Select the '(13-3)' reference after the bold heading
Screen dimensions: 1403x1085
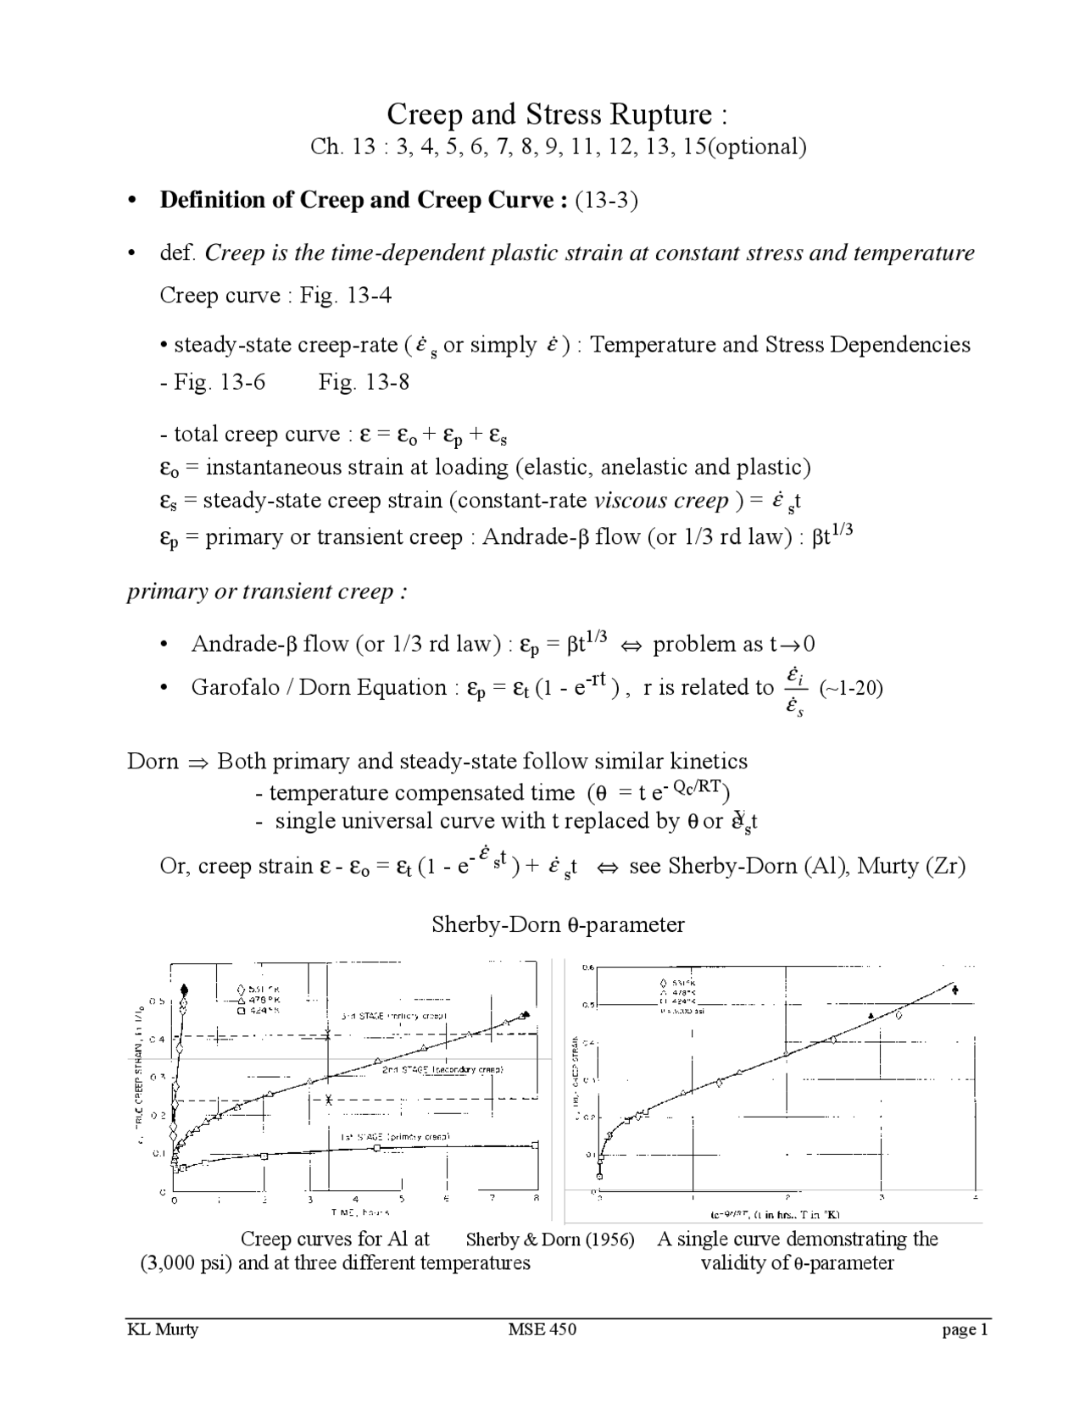[606, 201]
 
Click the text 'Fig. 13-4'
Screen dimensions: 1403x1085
[346, 296]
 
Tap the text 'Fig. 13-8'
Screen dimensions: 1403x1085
[364, 382]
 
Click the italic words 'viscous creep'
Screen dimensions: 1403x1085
[661, 501]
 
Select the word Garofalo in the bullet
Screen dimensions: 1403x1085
[235, 687]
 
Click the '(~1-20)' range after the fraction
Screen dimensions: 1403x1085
[852, 687]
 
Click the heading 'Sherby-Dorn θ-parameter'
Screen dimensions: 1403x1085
[558, 924]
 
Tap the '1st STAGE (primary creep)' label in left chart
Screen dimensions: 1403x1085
[394, 1136]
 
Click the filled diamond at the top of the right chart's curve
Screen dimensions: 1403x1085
[956, 990]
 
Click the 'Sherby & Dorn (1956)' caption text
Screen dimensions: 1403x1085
[550, 1239]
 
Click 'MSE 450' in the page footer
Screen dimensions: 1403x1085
[542, 1329]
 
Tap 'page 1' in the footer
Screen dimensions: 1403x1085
[965, 1329]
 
